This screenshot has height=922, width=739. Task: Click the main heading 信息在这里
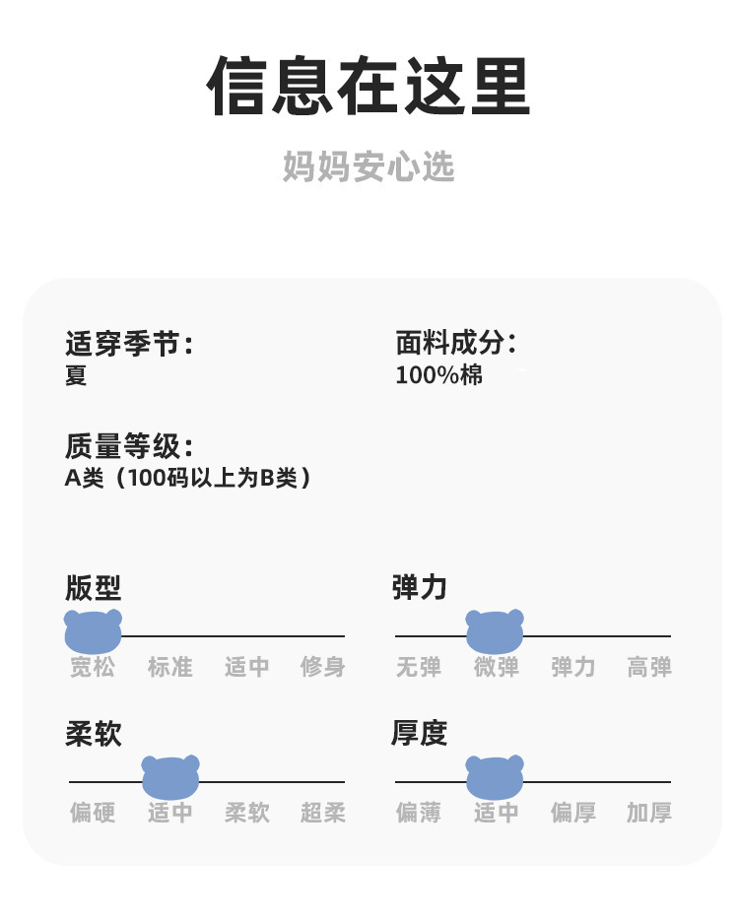point(369,88)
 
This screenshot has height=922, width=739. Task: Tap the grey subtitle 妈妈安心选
point(369,166)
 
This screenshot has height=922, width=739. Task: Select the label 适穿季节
point(129,344)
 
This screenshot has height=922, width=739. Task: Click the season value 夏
point(76,375)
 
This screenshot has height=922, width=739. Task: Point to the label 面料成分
point(456,344)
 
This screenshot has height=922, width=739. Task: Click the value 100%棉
point(439,375)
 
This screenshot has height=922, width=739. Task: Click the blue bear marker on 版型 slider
point(93,631)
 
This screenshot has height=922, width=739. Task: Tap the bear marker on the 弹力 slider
point(495,631)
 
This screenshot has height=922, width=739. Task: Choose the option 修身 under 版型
point(323,667)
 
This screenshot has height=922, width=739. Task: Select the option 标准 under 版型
point(170,667)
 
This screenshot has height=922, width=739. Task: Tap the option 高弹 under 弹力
point(649,667)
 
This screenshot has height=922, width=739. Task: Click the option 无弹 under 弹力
point(419,667)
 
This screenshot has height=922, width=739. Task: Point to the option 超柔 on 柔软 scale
point(323,813)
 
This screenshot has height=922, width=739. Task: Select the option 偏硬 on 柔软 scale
point(93,813)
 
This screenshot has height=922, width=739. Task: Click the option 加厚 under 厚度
point(649,813)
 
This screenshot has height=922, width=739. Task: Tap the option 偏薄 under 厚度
point(419,813)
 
